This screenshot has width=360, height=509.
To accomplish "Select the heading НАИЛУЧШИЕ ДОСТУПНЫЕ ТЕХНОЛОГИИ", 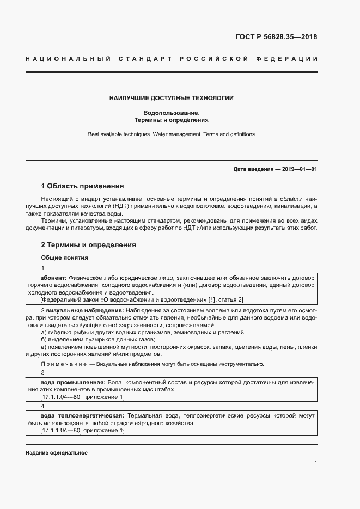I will [x=171, y=99].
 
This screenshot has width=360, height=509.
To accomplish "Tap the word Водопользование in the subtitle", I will [x=171, y=112].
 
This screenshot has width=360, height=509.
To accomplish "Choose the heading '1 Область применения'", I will [x=83, y=186].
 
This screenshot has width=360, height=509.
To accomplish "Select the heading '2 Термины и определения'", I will [x=89, y=245].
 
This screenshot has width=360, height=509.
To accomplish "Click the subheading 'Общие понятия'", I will [x=65, y=257].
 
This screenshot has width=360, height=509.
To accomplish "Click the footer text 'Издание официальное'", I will [x=57, y=453].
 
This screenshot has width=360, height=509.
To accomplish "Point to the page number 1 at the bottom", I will [x=315, y=462].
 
